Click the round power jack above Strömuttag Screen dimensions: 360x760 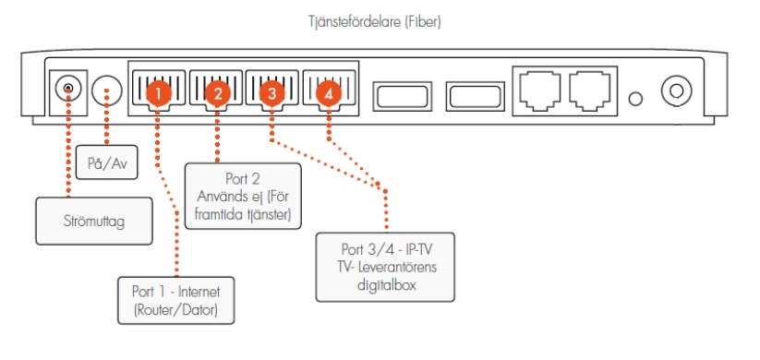pos(66,90)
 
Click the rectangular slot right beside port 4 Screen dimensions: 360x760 pos(398,95)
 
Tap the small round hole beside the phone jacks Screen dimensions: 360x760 pos(635,97)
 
